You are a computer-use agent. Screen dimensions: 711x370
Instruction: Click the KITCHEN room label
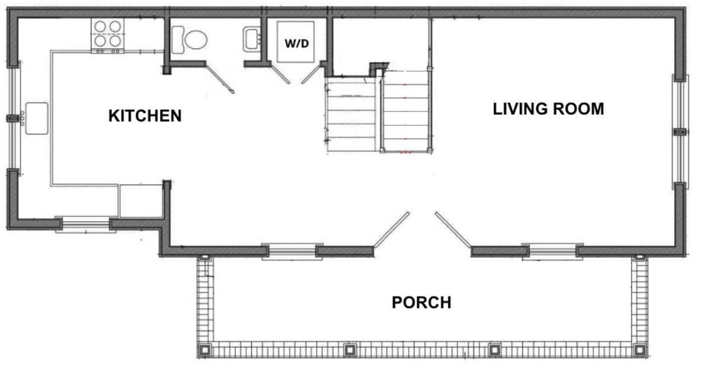point(145,116)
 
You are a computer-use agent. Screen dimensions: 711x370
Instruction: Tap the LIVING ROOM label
point(548,109)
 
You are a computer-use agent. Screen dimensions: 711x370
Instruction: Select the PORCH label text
point(421,302)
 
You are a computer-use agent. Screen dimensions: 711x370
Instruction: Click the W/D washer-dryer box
point(296,42)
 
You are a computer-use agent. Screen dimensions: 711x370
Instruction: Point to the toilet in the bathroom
point(189,40)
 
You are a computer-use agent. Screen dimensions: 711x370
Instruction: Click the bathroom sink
point(252,39)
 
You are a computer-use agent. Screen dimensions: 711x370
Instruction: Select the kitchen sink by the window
point(37,118)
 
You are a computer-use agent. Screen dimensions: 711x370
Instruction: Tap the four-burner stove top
point(108,35)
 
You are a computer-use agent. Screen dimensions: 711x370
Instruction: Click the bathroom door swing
point(220,78)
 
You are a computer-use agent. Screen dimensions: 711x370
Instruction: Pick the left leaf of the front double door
point(392,229)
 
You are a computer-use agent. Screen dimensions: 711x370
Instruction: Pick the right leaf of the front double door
point(453,229)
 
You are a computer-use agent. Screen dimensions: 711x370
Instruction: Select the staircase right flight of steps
point(406,111)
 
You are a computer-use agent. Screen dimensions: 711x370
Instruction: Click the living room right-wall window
point(680,132)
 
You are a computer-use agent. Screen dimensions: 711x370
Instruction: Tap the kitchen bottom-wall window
point(86,225)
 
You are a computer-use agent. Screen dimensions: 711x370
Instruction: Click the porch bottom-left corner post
point(205,350)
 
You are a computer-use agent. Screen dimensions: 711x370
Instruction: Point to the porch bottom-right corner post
point(639,350)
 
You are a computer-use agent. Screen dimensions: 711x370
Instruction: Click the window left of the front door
point(292,252)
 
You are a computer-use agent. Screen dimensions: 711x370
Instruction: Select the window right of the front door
point(553,252)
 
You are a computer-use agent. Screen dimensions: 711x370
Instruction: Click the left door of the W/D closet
point(280,74)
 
